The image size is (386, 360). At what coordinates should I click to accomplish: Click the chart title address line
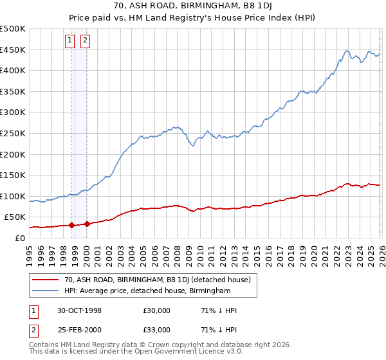click(193, 6)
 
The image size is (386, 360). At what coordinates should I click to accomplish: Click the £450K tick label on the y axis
click(13, 50)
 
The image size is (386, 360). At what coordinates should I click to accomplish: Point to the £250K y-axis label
click(13, 133)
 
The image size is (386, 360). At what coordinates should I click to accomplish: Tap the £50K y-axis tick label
click(15, 217)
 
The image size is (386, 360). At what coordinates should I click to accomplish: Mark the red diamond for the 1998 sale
click(72, 226)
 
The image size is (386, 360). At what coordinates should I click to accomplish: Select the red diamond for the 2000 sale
click(87, 224)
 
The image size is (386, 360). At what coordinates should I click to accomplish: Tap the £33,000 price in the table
click(157, 330)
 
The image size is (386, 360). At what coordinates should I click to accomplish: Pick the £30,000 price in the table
click(157, 310)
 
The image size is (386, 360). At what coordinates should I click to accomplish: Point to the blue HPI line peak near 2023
click(346, 50)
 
